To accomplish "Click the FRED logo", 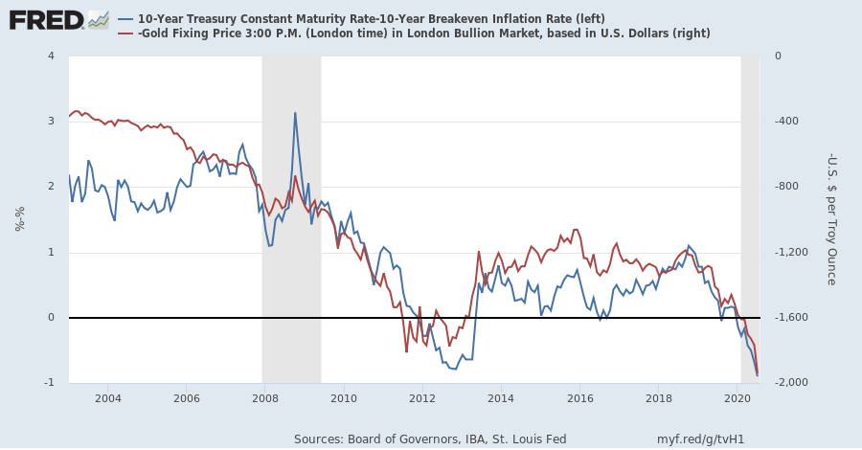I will (x=46, y=19).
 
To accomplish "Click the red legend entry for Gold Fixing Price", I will (x=421, y=34).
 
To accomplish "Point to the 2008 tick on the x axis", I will (x=264, y=397).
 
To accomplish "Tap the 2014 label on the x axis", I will (x=501, y=397).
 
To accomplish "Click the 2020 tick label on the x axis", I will (x=737, y=397).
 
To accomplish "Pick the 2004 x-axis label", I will (x=107, y=397).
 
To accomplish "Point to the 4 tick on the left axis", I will (x=50, y=56).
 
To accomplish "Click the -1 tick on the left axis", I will (x=48, y=383).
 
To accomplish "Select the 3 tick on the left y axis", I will (x=50, y=122).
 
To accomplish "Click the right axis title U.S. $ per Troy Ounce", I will (x=831, y=219).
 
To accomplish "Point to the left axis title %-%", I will (x=20, y=219).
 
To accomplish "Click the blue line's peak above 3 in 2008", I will (x=295, y=113).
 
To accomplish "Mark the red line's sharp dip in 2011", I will (x=406, y=351).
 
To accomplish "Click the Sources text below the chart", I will (x=430, y=439).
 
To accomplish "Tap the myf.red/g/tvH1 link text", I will (x=700, y=439).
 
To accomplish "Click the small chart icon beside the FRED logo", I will (x=99, y=19).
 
